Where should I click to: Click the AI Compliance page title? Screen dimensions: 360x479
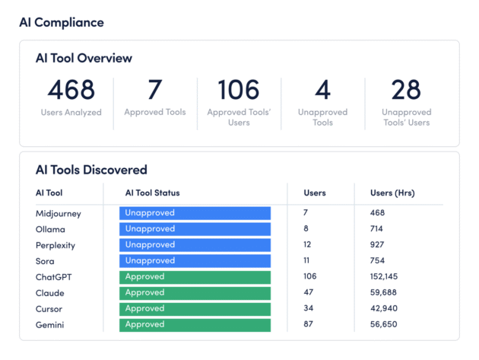[62, 22]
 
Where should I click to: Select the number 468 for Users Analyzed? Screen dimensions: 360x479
[71, 90]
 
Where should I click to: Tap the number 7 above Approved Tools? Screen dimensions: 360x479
[154, 90]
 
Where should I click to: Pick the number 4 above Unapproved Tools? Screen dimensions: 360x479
[322, 90]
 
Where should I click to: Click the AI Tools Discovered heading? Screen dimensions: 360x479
[91, 170]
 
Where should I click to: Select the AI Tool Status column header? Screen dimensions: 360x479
[152, 193]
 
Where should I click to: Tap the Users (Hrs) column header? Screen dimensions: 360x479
[392, 193]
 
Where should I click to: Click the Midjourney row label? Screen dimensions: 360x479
[58, 214]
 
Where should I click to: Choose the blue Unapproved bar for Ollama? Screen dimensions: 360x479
[195, 229]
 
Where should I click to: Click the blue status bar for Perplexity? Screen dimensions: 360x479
[195, 245]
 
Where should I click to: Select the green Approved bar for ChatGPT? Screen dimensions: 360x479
[195, 277]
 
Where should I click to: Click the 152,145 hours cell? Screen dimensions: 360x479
[386, 277]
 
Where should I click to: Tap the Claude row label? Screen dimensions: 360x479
[49, 293]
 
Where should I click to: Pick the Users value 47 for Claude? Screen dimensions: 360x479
[309, 293]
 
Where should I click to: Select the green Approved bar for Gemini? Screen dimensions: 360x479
[195, 325]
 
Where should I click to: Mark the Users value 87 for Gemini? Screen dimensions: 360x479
[309, 325]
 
